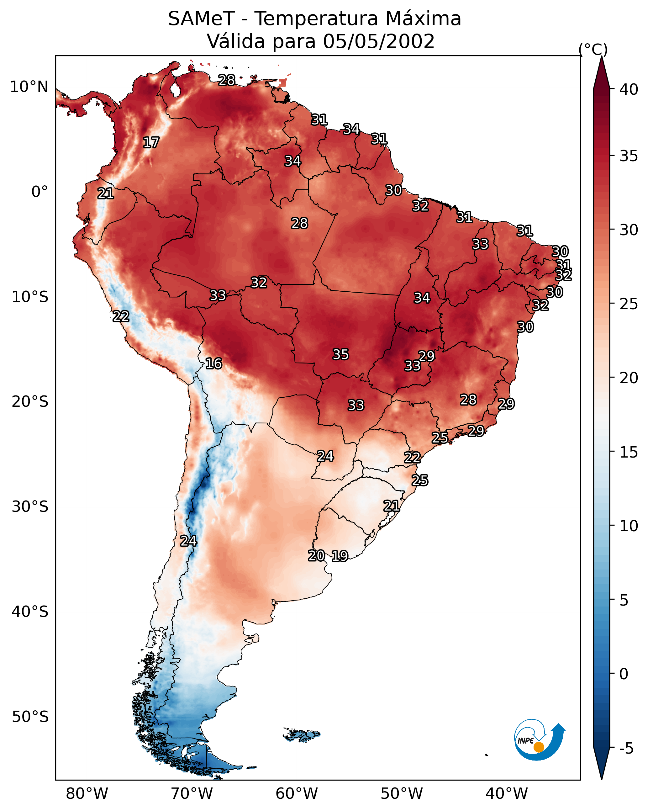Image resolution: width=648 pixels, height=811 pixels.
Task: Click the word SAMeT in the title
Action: pyautogui.click(x=201, y=19)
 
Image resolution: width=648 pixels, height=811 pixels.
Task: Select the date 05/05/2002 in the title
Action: pyautogui.click(x=378, y=41)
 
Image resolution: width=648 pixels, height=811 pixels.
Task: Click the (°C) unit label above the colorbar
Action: pyautogui.click(x=593, y=49)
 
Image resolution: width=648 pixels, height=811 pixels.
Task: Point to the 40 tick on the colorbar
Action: pyautogui.click(x=629, y=89)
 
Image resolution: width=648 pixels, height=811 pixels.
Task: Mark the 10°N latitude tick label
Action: pyautogui.click(x=29, y=87)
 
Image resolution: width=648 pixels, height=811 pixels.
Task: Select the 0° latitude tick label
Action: pyautogui.click(x=40, y=192)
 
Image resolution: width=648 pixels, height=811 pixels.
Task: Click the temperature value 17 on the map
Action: pyautogui.click(x=151, y=143)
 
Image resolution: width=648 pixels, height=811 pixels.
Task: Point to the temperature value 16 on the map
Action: pyautogui.click(x=213, y=363)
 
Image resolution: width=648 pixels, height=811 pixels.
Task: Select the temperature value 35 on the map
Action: pyautogui.click(x=341, y=354)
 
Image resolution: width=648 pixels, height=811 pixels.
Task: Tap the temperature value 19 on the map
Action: pyautogui.click(x=340, y=556)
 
